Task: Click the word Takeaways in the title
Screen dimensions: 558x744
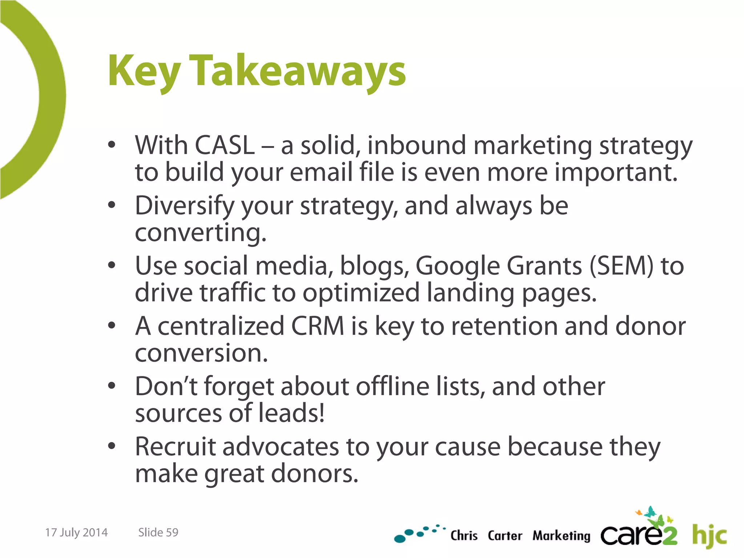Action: [x=298, y=71]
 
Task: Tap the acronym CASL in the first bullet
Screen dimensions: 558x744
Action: [x=225, y=145]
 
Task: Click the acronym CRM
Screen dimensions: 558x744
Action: [x=318, y=326]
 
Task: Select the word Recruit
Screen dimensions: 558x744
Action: [x=175, y=447]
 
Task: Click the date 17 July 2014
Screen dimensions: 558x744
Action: [x=76, y=533]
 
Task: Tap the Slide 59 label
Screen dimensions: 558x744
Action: [x=158, y=533]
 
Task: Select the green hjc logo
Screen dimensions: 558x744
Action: [x=709, y=535]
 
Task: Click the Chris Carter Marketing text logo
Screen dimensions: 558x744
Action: [x=520, y=536]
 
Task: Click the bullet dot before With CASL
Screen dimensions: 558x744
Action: [x=112, y=145]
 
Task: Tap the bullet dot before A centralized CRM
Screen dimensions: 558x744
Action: [x=112, y=326]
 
